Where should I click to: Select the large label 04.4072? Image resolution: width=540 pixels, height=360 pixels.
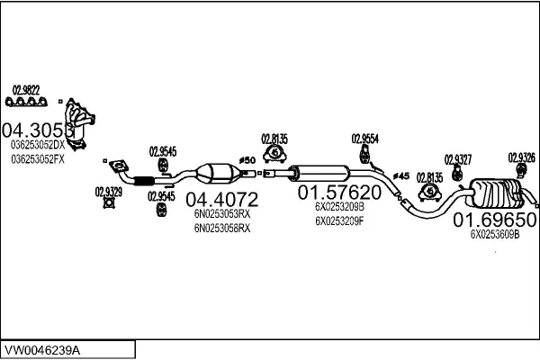[221, 198]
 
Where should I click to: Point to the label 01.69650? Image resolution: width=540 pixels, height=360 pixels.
[494, 219]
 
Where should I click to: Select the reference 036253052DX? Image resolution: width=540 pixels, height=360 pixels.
[38, 145]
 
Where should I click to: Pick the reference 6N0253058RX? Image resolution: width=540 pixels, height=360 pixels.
[221, 229]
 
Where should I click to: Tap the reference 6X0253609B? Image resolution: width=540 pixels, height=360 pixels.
[495, 235]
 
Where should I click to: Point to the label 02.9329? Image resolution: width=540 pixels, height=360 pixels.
[108, 191]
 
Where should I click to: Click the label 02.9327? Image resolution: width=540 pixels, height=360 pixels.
[457, 159]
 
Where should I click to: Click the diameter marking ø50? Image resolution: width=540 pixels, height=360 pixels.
[248, 160]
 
